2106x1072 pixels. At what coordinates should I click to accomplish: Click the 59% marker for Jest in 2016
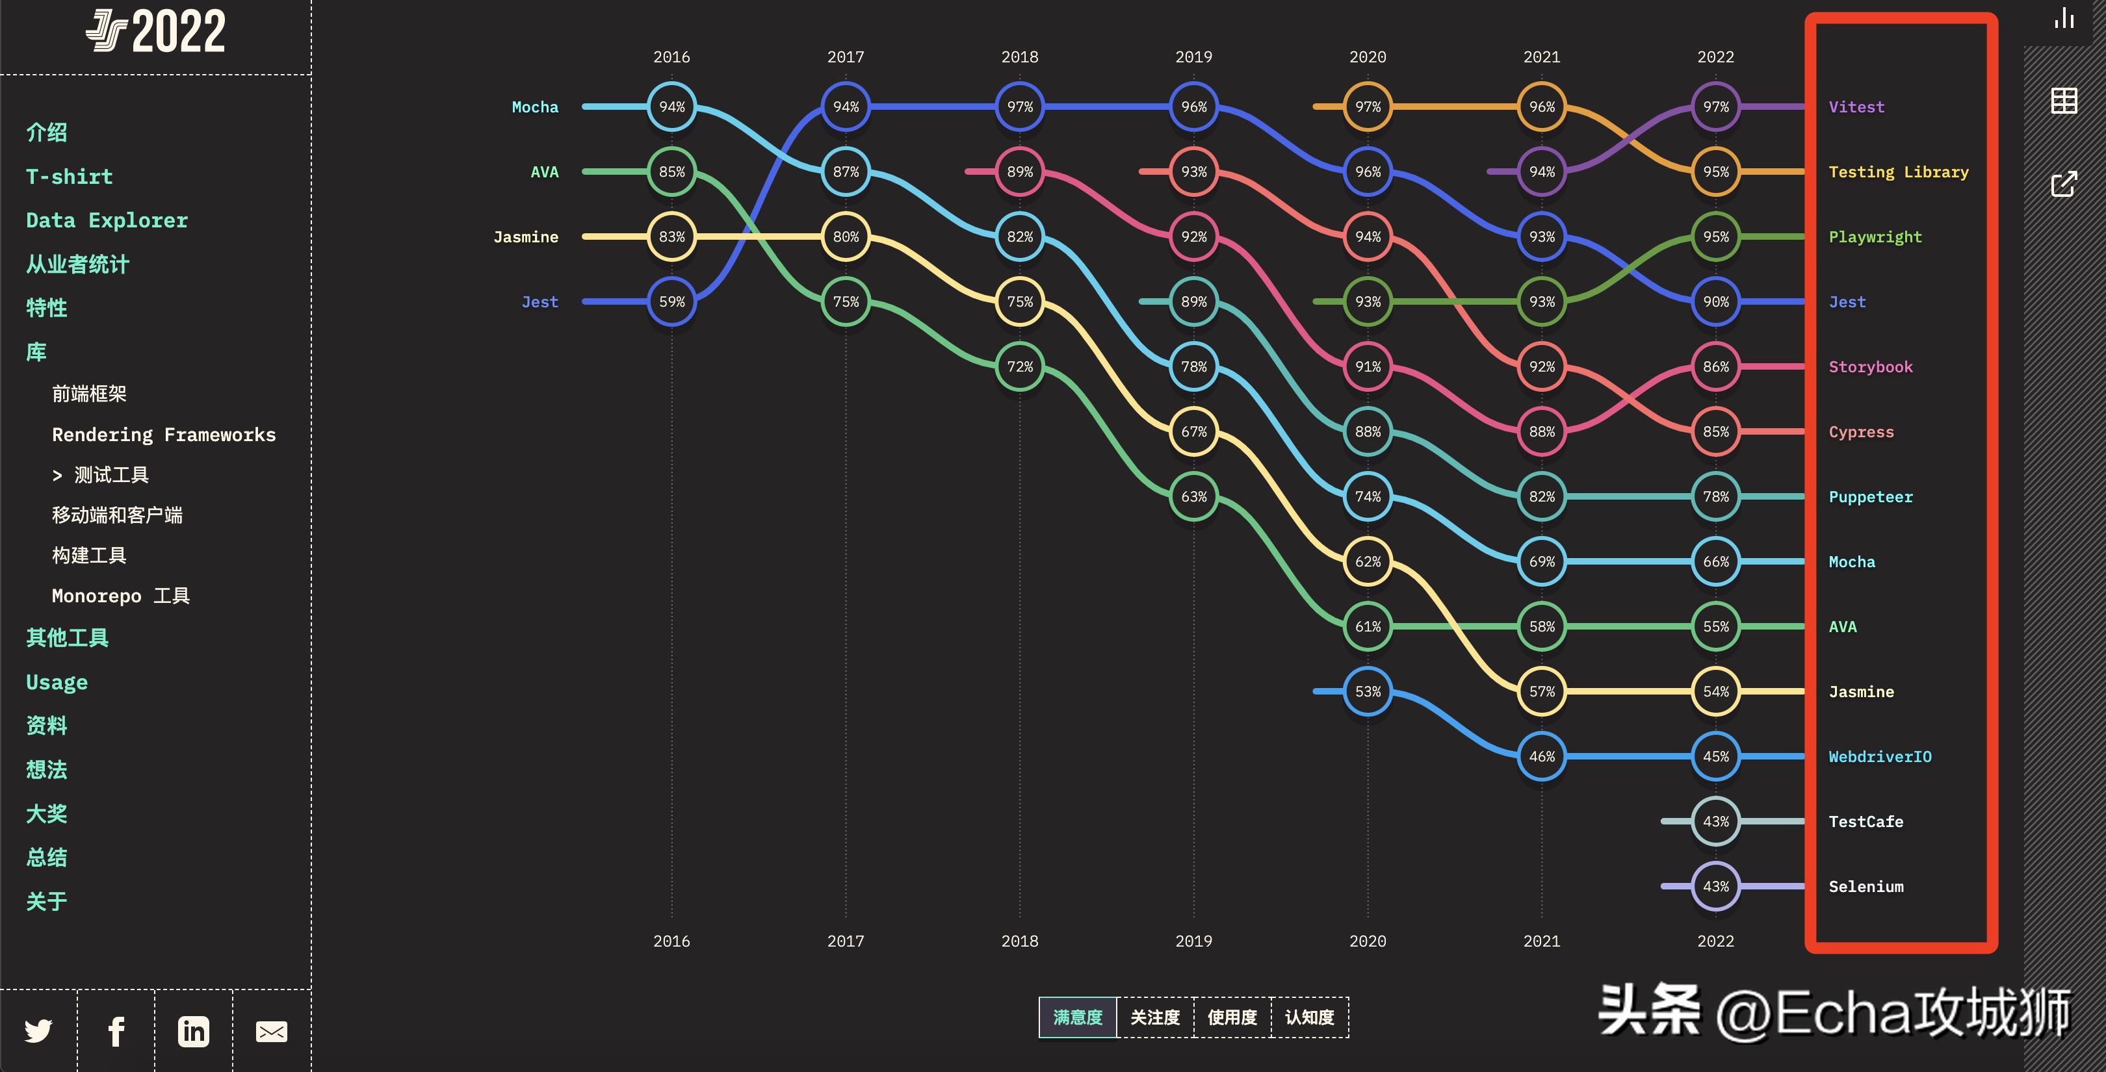[671, 301]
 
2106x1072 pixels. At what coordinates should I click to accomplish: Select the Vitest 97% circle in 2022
[1715, 107]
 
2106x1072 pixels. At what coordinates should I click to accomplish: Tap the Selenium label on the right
[1865, 887]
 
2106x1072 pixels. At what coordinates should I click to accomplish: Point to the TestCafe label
[1865, 822]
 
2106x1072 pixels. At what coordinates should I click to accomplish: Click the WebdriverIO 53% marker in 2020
[1368, 691]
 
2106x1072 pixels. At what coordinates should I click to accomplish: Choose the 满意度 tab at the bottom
[1078, 1017]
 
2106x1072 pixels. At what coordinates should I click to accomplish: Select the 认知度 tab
[1310, 1017]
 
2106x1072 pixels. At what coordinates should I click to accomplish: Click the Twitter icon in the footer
[38, 1031]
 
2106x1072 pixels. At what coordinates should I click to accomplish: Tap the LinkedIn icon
[194, 1031]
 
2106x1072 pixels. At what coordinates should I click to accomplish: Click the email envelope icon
[272, 1031]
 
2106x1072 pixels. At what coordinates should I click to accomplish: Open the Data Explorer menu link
[107, 221]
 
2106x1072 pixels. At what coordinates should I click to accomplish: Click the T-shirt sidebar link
[70, 177]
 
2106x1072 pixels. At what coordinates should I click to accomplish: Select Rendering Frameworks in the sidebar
[164, 435]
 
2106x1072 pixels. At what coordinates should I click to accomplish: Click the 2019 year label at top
[1193, 57]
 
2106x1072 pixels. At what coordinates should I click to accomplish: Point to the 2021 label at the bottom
[1542, 941]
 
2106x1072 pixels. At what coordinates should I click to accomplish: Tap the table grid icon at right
[2064, 101]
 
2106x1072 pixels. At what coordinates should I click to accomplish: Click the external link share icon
[2064, 184]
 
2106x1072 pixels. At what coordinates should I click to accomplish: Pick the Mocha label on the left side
[535, 107]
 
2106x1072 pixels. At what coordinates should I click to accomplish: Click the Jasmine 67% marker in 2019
[1193, 431]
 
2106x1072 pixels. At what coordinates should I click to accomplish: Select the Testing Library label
[1899, 172]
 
